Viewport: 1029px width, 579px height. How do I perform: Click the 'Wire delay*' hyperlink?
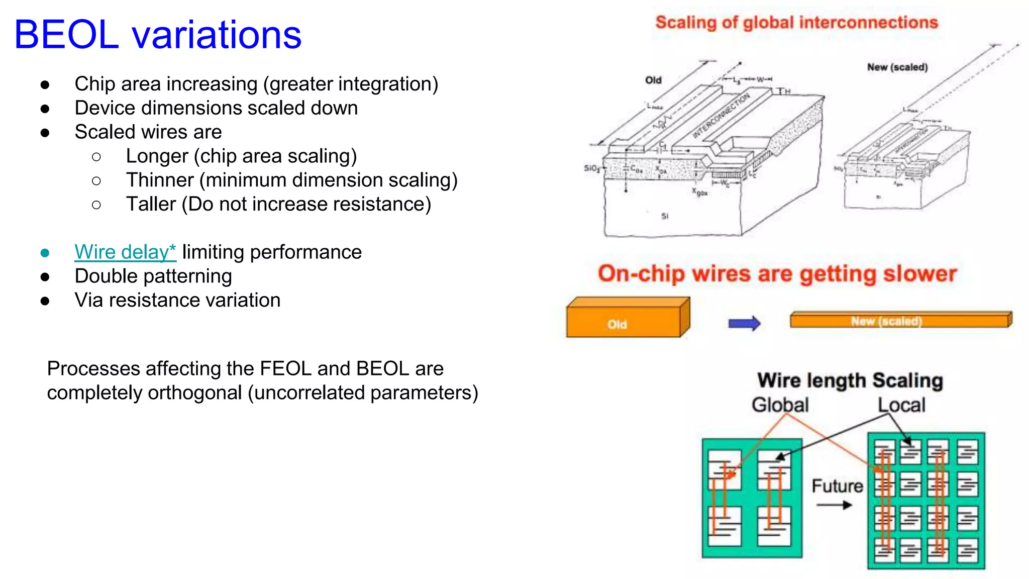pos(125,252)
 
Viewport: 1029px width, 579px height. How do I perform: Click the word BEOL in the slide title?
pos(66,35)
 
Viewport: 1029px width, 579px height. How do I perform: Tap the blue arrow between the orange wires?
pos(744,323)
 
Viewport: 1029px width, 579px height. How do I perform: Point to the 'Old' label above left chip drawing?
pos(653,80)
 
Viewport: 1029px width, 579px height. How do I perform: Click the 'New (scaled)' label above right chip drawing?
pos(897,67)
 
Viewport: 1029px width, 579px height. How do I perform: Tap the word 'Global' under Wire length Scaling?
pos(780,405)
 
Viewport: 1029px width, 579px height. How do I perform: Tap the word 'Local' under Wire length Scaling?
pos(901,405)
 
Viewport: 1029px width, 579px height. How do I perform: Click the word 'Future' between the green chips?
pos(837,486)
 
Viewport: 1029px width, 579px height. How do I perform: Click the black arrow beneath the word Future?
pos(834,505)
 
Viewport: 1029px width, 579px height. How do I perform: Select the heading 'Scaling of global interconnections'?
pos(796,23)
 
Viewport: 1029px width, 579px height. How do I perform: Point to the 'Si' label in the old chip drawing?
pos(665,216)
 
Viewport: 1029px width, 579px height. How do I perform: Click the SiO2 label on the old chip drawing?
pos(591,168)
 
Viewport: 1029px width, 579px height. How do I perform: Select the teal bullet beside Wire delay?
pos(45,252)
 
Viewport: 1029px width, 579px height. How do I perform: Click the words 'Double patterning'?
pos(153,276)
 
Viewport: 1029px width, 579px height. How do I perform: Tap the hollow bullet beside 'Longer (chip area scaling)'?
pos(96,157)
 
